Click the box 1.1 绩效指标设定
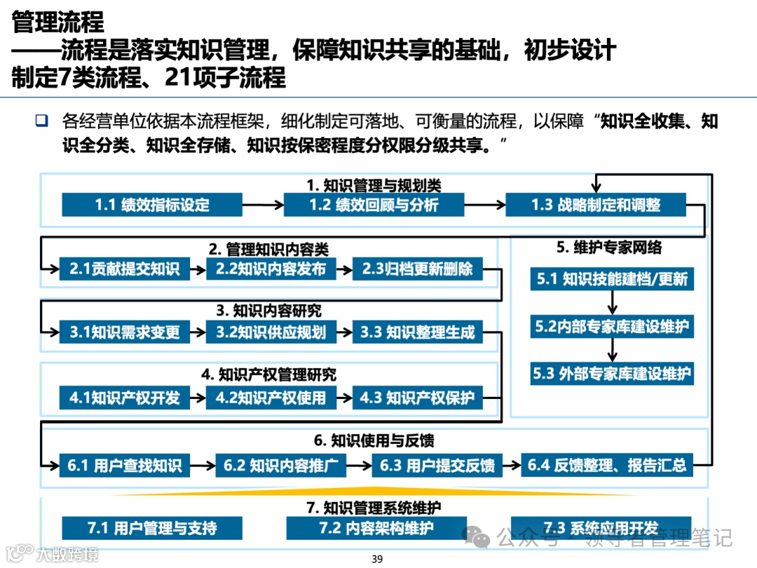pos(152,205)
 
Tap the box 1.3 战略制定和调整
pos(596,205)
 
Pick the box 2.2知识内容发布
pos(271,269)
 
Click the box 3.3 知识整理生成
pos(417,332)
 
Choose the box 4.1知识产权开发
pos(125,398)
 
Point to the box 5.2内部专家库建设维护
pos(612,326)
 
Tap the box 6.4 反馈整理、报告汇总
pos(607,464)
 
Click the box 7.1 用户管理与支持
pos(152,527)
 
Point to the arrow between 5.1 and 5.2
pos(612,303)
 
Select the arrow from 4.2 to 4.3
pos(343,398)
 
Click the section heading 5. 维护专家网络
pos(609,248)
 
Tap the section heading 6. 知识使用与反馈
pos(374,441)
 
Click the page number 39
pos(377,559)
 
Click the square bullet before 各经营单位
pos(41,121)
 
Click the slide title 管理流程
pos(57,22)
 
